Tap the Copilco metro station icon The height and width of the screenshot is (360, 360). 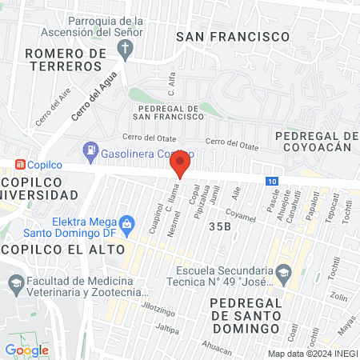click(x=18, y=163)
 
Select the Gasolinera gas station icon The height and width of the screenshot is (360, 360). click(x=92, y=150)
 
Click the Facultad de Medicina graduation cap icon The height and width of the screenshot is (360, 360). click(x=15, y=283)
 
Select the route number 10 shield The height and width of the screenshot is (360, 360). click(x=273, y=182)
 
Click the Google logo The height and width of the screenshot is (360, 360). click(x=27, y=350)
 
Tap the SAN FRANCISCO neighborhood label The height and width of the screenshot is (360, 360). click(x=232, y=37)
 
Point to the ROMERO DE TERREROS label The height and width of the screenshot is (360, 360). click(x=66, y=60)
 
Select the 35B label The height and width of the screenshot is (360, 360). click(x=219, y=227)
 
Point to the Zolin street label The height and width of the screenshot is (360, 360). click(x=338, y=297)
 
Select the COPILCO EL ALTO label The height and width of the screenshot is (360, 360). click(x=62, y=249)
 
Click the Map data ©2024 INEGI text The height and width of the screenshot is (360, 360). click(x=312, y=353)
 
